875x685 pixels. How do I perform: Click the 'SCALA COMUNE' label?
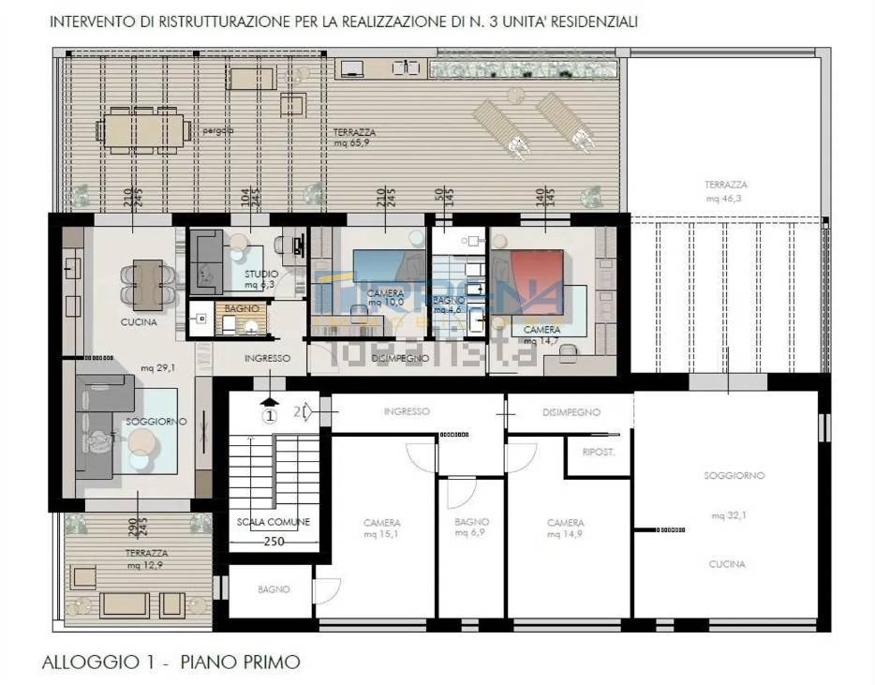(x=273, y=522)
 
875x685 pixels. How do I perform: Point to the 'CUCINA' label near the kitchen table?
(x=138, y=321)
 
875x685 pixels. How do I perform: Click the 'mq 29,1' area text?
(x=154, y=369)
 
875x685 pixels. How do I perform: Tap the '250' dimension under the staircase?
(x=273, y=542)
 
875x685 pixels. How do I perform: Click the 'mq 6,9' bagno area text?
(x=471, y=532)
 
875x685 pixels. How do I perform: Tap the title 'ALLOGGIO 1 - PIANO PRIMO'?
(x=171, y=662)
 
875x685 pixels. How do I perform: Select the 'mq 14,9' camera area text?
(x=565, y=533)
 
